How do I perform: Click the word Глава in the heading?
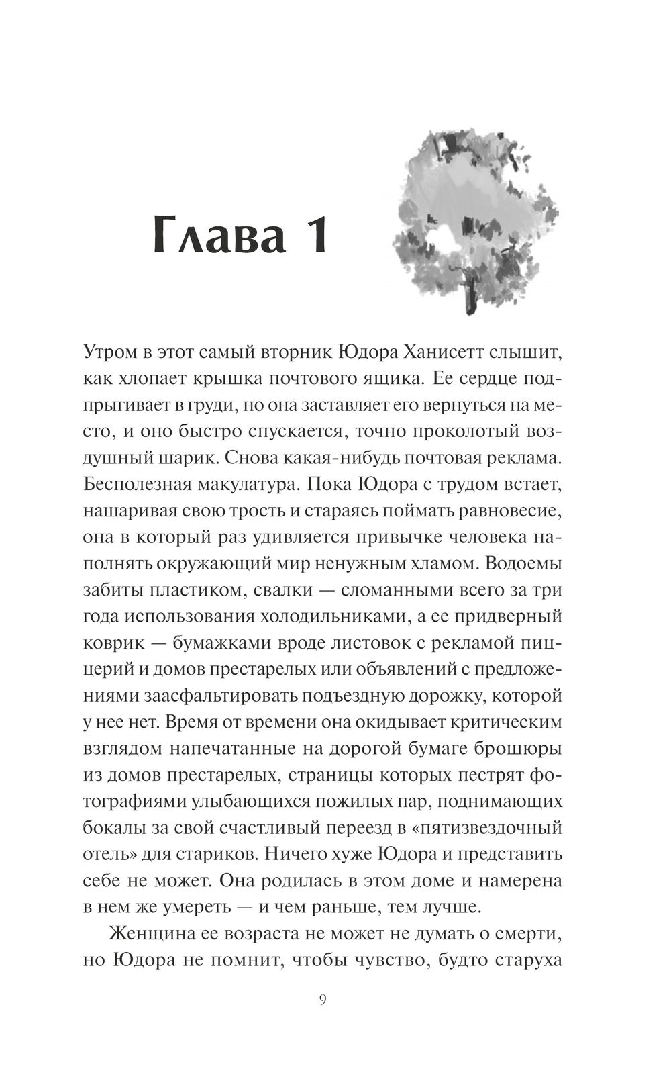coord(213,234)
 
